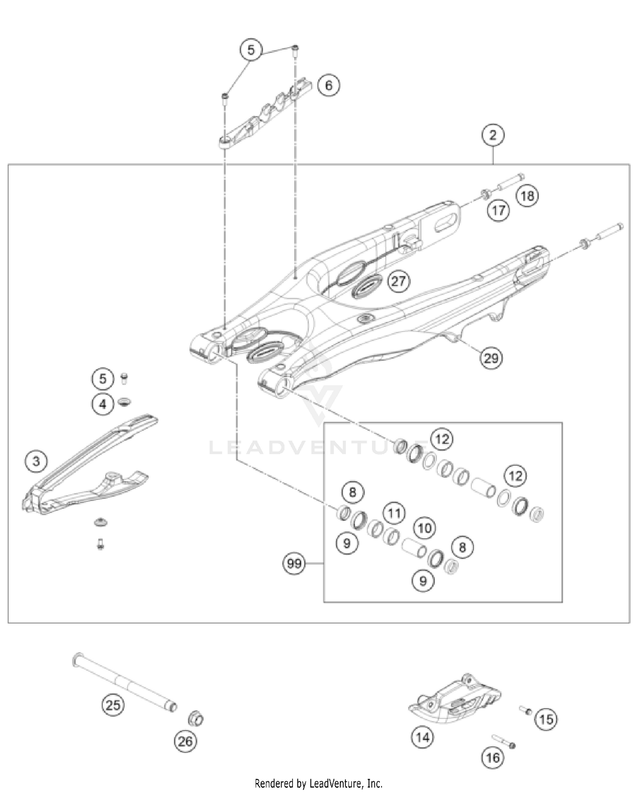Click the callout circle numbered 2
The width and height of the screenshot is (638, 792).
[x=493, y=135]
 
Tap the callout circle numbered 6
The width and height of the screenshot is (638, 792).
[x=328, y=86]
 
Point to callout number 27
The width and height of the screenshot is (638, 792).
[x=399, y=281]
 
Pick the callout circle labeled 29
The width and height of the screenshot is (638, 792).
[x=491, y=357]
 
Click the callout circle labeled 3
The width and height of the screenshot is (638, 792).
[x=36, y=461]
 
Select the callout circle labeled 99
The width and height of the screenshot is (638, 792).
[x=294, y=564]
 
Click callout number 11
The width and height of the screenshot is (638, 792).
[x=394, y=513]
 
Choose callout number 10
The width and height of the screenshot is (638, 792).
[x=424, y=529]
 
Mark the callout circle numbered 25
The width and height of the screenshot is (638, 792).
[x=113, y=706]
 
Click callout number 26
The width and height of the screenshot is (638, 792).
[x=185, y=742]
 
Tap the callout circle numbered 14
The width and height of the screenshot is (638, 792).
[x=422, y=737]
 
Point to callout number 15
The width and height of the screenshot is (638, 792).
[x=546, y=719]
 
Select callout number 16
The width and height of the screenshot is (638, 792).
[x=493, y=758]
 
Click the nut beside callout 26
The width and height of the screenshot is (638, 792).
[x=196, y=719]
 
